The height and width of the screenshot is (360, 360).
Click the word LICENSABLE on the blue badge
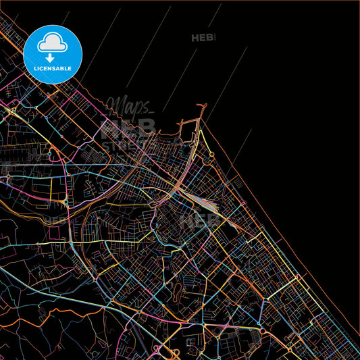click(x=53, y=68)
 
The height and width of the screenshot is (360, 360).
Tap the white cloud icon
click(x=53, y=43)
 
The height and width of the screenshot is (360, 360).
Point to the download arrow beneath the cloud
click(x=53, y=58)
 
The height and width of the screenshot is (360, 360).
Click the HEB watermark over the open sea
click(x=203, y=38)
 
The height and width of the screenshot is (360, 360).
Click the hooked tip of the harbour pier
click(x=201, y=105)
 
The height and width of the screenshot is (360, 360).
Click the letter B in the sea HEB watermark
click(x=211, y=38)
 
